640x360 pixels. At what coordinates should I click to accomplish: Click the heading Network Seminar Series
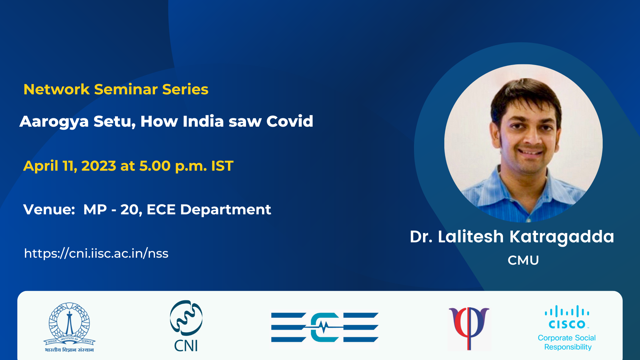(x=116, y=89)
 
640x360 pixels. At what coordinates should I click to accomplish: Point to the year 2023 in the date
(x=99, y=166)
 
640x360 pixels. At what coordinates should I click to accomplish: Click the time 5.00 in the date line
(x=155, y=166)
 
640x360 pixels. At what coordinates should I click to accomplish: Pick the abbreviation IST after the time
(x=222, y=166)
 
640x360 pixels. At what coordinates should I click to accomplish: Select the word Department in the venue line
(x=226, y=210)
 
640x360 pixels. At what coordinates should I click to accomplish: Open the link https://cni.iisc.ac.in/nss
(x=96, y=253)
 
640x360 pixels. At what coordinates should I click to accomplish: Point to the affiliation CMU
(x=523, y=260)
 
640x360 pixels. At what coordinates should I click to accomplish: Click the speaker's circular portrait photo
(x=523, y=143)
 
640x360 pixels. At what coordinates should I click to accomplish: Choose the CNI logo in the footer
(x=186, y=326)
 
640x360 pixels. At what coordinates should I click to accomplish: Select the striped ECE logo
(x=325, y=327)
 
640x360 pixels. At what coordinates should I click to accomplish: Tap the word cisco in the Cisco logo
(x=567, y=324)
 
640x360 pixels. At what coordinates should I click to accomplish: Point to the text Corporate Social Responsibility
(x=567, y=342)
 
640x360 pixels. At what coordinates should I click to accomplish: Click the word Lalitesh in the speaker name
(x=471, y=237)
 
